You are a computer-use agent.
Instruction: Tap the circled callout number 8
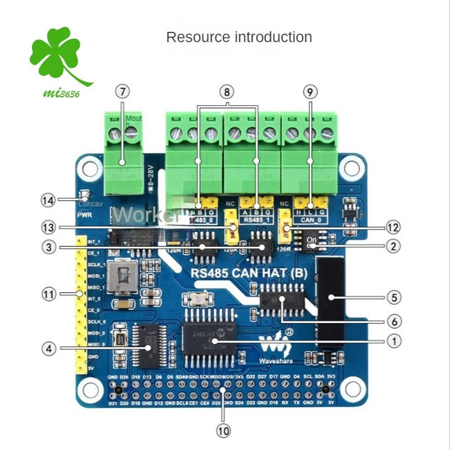[x=227, y=91]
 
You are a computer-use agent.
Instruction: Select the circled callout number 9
[x=309, y=91]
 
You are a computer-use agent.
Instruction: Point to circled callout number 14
[x=48, y=199]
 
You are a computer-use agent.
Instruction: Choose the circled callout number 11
[x=48, y=294]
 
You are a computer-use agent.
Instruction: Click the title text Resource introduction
[x=239, y=38]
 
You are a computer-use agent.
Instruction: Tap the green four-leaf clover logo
[x=57, y=53]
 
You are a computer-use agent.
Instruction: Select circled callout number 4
[x=48, y=349]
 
